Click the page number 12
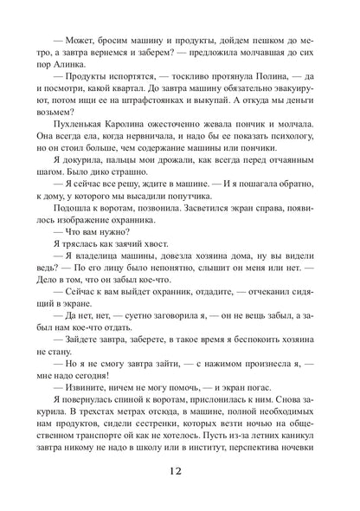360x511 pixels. (x=180, y=475)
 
